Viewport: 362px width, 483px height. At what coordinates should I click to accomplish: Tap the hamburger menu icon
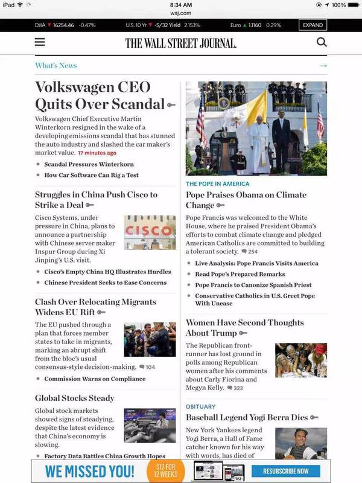[40, 42]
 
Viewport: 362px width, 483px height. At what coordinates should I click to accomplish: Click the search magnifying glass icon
[322, 42]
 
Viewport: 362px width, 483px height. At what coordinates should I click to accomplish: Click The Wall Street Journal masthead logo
[181, 43]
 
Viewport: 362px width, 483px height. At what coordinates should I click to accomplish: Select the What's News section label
[56, 65]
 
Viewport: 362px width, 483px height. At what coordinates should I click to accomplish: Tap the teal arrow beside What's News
[323, 65]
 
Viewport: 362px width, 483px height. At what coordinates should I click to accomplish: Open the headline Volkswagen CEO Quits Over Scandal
[100, 95]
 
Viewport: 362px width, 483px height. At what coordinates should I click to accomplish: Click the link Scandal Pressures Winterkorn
[89, 164]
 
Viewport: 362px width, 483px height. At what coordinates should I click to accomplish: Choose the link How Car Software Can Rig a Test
[91, 175]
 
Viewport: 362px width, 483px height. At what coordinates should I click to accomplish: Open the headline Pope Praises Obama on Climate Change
[246, 200]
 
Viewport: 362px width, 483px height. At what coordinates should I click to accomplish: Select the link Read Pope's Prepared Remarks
[240, 274]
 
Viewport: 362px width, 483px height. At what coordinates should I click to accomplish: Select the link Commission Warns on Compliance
[95, 379]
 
